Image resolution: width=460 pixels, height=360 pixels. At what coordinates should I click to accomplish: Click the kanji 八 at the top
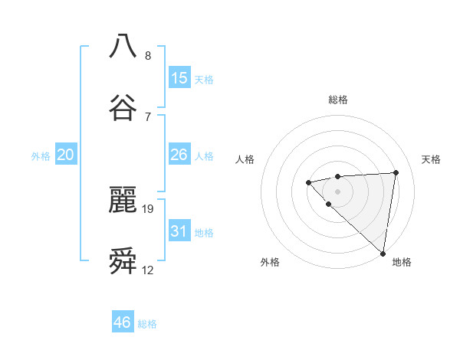coord(123,46)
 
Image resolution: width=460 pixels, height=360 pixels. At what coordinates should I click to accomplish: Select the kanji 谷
coord(123,108)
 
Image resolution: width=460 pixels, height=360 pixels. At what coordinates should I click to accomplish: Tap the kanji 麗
coord(123,201)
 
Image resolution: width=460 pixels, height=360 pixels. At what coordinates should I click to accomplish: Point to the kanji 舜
coord(123,262)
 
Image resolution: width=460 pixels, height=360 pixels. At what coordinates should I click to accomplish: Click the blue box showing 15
coord(179,77)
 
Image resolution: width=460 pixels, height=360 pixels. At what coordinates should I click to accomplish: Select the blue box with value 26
coord(179,155)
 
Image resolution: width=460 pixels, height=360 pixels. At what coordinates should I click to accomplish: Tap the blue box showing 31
coord(179,231)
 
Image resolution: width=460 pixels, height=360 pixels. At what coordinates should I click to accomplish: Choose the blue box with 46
coord(123,322)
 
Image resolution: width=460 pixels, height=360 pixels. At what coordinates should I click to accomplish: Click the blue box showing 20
coord(66,155)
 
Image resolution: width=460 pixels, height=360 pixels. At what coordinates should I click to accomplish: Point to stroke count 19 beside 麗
coord(149,208)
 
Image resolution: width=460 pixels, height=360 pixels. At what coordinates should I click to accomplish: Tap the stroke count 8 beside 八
coord(148,55)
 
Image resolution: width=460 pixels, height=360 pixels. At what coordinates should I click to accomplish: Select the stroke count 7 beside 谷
coord(148,116)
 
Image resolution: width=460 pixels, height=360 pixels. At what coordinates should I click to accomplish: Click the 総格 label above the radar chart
coord(338,100)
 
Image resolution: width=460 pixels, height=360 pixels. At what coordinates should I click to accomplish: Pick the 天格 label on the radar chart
coord(432,159)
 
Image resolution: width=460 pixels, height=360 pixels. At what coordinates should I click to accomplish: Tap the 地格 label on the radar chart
coord(402,262)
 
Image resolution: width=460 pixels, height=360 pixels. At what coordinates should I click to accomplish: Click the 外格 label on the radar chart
coord(270,262)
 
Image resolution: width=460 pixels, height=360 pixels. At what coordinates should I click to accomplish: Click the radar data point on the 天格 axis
coord(396,172)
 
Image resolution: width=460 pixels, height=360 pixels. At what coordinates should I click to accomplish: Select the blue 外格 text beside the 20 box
coord(41,156)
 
